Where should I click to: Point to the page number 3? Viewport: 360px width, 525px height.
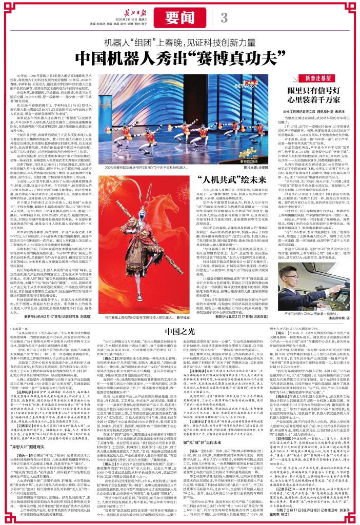(224, 17)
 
